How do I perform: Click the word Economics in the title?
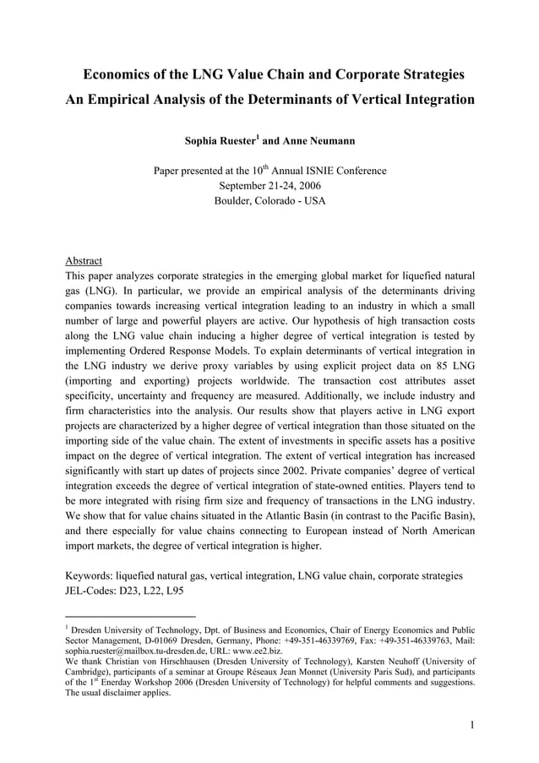(124, 75)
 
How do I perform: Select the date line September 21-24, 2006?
(269, 186)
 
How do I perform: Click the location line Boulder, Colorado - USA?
(269, 201)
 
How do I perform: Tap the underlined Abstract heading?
(84, 260)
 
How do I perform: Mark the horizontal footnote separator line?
(130, 616)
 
